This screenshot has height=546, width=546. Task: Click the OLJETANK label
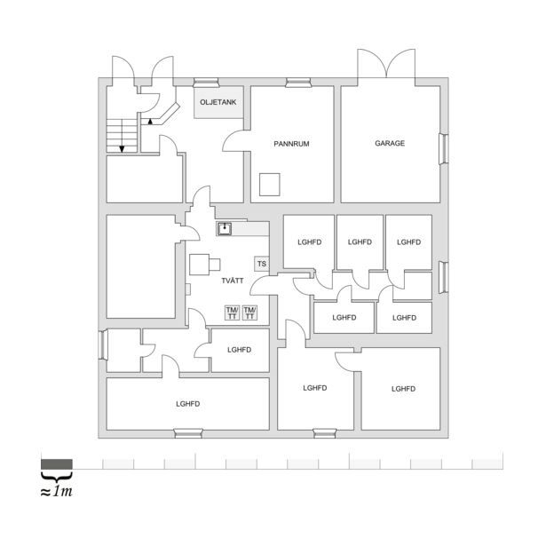point(218,102)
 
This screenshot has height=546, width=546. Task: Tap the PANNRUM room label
point(291,144)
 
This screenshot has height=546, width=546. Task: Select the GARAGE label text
point(390,143)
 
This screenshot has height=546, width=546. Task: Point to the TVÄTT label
point(233,281)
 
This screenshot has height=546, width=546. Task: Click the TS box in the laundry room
point(262,264)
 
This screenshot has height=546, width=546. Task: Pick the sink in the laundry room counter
point(225,229)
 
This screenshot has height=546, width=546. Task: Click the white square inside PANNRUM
point(270,185)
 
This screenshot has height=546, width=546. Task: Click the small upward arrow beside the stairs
point(150,121)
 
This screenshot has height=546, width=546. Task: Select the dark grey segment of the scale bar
point(57,464)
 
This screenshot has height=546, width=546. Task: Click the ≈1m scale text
point(57,491)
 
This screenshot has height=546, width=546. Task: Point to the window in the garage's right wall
point(443,149)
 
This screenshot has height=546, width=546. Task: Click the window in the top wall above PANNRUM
point(298,83)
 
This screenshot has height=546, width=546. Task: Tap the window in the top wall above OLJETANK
point(206,83)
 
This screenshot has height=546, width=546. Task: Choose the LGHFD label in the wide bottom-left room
point(187,404)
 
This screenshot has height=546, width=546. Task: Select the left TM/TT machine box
point(233,313)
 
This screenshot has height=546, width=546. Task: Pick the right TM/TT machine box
point(249,313)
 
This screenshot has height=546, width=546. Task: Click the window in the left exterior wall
point(103,344)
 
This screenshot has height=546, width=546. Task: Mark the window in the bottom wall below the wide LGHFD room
point(188,433)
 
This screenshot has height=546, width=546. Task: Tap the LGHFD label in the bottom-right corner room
point(403,389)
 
